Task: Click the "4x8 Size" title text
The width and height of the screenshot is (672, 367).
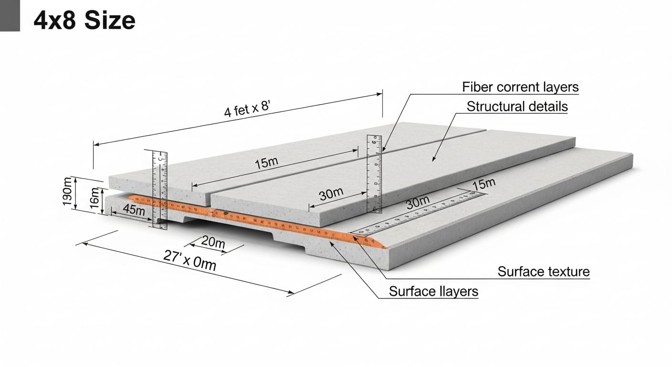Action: [85, 21]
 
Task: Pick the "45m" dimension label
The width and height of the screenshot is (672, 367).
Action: [134, 209]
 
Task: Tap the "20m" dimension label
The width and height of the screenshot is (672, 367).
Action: [213, 242]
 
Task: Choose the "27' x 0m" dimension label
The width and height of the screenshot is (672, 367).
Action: [189, 260]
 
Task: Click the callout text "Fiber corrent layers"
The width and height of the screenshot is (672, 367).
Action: [520, 87]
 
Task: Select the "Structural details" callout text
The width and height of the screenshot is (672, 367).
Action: [517, 107]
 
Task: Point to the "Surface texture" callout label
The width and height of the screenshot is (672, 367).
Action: [544, 272]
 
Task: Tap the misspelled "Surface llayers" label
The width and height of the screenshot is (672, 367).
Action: [433, 291]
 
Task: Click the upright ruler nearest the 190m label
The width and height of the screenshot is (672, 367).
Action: [160, 189]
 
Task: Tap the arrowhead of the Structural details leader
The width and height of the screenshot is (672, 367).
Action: [434, 159]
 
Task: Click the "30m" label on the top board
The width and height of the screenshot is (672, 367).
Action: [331, 194]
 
